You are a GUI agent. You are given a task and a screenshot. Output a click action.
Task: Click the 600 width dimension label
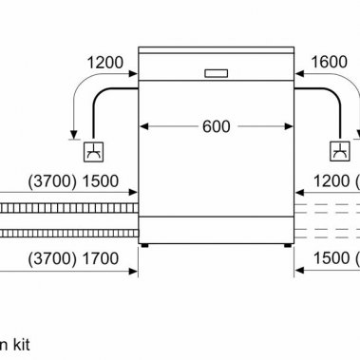tap(216, 127)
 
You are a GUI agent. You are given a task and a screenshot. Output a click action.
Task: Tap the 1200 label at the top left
tap(104, 63)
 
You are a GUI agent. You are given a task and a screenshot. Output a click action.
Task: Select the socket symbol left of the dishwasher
tap(94, 150)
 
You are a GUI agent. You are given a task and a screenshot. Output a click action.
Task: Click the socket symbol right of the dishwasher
tap(339, 150)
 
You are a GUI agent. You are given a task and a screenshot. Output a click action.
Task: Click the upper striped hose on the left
tap(66, 206)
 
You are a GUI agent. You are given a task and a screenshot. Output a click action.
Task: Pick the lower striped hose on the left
tap(66, 232)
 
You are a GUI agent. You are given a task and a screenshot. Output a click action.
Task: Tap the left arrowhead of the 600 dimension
tap(145, 127)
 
